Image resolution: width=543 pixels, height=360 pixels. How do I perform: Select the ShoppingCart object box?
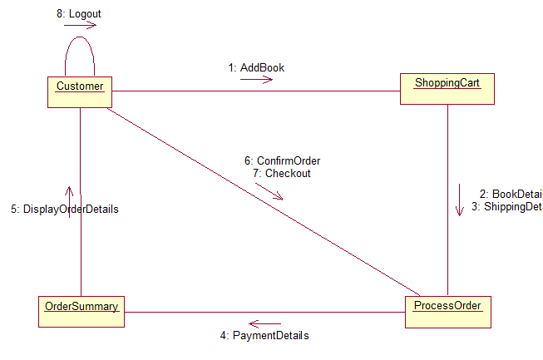coord(447,88)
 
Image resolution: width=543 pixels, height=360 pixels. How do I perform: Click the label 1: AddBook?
coord(256,67)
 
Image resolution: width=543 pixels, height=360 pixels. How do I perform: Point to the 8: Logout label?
coord(79,14)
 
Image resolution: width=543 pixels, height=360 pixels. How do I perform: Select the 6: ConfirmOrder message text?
coord(282,160)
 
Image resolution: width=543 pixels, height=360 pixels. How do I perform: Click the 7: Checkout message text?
coord(281,174)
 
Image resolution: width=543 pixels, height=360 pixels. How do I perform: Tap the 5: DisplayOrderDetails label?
coord(65,210)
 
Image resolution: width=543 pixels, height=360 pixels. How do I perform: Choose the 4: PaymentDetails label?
coord(264,336)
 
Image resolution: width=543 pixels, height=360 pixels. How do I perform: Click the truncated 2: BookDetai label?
coord(511,193)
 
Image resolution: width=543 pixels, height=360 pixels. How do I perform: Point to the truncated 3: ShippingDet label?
coord(506,206)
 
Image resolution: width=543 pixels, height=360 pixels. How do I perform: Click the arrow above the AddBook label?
coord(256,80)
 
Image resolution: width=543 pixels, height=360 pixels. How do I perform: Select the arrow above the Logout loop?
coord(80,25)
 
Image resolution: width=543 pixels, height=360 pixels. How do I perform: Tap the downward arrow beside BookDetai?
coord(458,200)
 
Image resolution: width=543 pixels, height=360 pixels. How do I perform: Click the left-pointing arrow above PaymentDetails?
coord(265,323)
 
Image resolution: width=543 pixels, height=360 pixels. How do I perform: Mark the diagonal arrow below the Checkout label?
coord(269,191)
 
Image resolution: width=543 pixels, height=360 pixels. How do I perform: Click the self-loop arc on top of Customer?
coord(80,38)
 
